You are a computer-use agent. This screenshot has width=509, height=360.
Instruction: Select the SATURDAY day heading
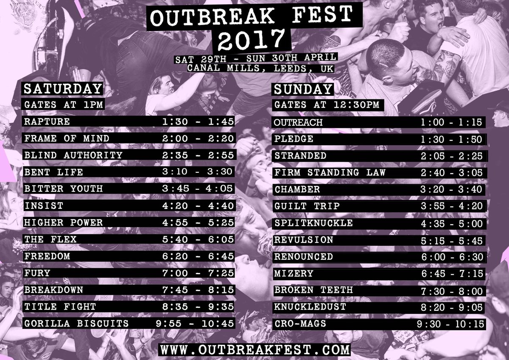pos(63,89)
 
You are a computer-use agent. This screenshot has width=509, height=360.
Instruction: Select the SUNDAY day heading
pos(303,89)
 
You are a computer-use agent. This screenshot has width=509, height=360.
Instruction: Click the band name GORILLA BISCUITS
pos(77,323)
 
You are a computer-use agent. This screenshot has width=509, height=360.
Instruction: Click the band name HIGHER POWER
pos(64,222)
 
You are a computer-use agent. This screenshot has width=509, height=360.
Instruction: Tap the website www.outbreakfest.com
pos(255,350)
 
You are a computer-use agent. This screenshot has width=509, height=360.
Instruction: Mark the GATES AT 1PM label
pos(64,104)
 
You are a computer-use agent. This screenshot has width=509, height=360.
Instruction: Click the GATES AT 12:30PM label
pos(327,105)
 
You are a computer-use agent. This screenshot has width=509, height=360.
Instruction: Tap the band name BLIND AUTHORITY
pos(73,155)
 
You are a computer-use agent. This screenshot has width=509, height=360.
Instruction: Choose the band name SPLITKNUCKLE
pos(313,223)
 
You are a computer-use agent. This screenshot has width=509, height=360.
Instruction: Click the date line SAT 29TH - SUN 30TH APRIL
pos(256,57)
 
